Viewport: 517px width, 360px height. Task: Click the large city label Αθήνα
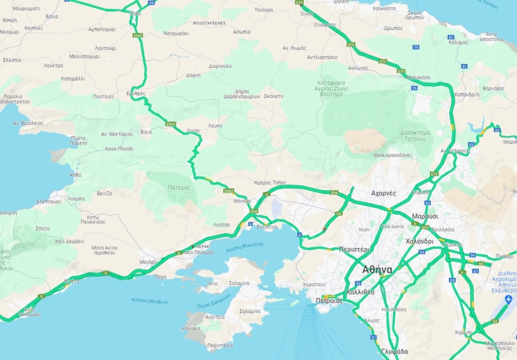(x=377, y=270)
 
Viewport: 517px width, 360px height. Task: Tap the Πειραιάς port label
(x=329, y=300)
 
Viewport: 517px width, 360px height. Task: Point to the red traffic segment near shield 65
(x=324, y=229)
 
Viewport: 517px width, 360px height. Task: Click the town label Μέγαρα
(x=149, y=262)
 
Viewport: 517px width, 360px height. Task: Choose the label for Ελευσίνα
(x=266, y=227)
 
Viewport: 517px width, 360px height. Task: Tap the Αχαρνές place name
(x=384, y=193)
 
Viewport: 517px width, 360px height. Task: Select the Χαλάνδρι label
(x=419, y=241)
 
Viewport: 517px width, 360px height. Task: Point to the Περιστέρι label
(x=354, y=250)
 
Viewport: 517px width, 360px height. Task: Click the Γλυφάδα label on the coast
(x=394, y=352)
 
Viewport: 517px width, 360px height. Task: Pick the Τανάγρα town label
(x=264, y=10)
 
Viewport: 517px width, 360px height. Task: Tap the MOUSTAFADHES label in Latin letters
(x=209, y=23)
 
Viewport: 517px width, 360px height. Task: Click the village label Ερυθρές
(x=136, y=93)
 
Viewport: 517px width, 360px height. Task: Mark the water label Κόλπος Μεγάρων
(x=150, y=301)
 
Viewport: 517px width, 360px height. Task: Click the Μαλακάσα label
(x=418, y=78)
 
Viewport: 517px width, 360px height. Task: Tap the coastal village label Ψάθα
(x=75, y=175)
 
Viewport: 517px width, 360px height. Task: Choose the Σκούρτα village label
(x=274, y=96)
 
